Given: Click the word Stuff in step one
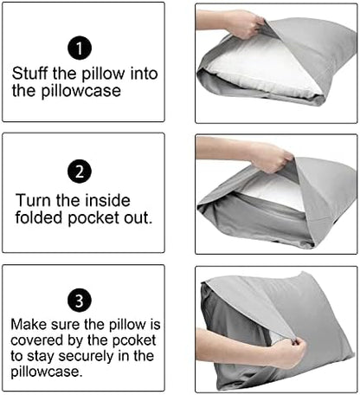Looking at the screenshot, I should pyautogui.click(x=31, y=74).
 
